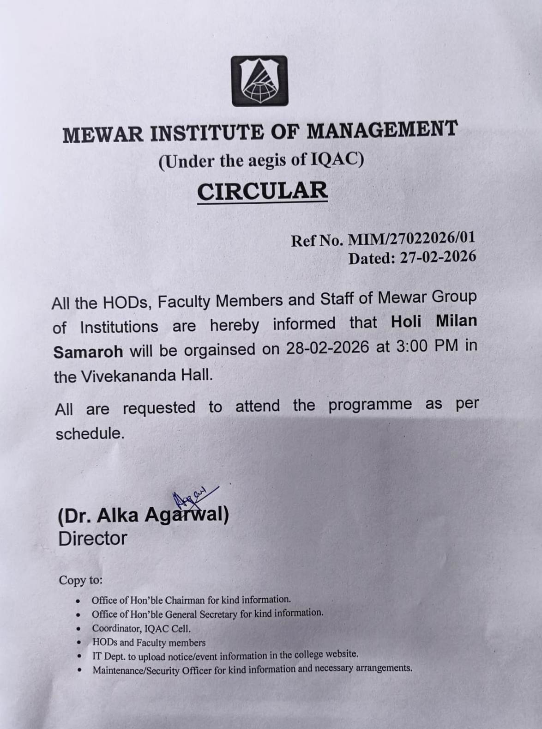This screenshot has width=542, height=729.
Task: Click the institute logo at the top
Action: tap(259, 81)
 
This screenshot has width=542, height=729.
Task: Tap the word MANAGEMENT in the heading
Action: tap(382, 130)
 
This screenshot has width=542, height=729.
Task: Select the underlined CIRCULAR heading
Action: tap(262, 191)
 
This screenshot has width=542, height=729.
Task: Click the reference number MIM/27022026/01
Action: tap(411, 239)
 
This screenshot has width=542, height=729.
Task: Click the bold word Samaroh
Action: tap(88, 352)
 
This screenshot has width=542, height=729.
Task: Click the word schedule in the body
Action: tap(89, 433)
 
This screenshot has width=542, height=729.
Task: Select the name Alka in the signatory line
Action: tap(119, 515)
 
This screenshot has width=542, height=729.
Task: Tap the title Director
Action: tap(92, 539)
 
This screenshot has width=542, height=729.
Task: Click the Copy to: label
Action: tap(80, 580)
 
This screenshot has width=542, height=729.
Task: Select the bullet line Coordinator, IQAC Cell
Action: tap(141, 629)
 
